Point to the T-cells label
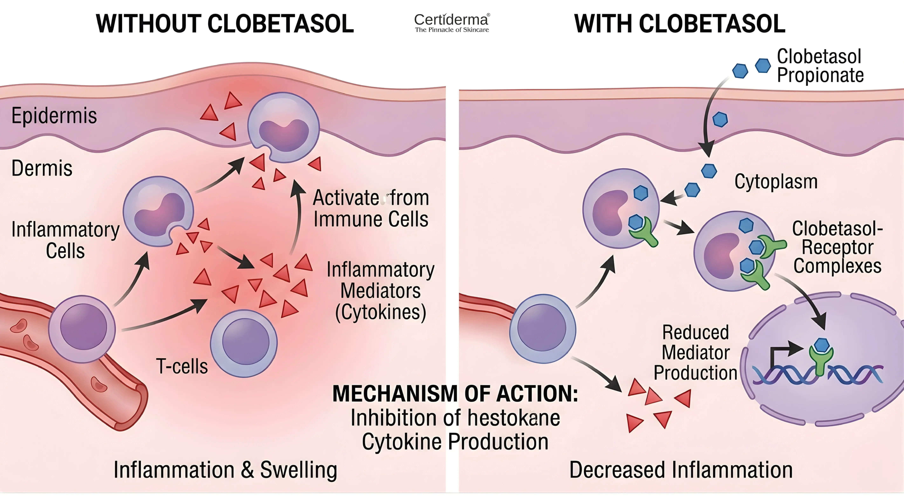point(182,366)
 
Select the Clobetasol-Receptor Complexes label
point(837,247)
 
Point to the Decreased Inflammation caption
point(681,470)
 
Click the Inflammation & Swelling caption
point(225,470)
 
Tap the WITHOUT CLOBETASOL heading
point(225,24)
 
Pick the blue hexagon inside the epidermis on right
point(720,120)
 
